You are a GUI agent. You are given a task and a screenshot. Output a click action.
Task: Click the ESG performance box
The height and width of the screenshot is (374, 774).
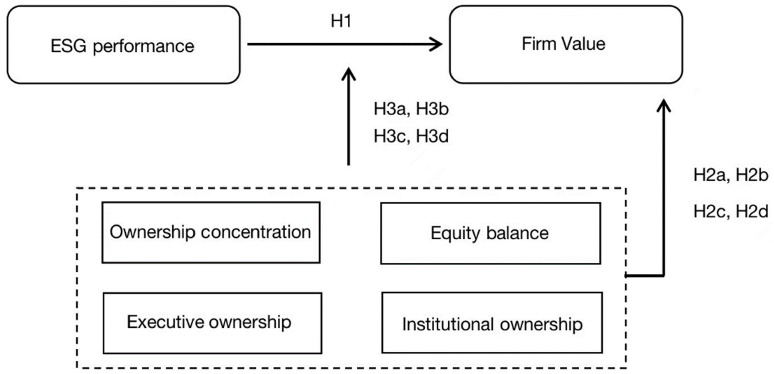(x=123, y=44)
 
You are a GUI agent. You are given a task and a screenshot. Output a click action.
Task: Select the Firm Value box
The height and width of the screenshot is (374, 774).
(x=566, y=44)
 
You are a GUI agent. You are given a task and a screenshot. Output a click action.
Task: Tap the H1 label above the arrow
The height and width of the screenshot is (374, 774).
(x=341, y=21)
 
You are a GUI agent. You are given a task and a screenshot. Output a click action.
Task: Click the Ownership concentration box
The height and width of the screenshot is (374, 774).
(x=211, y=232)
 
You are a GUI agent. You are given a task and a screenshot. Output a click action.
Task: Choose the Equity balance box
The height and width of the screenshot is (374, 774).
(x=490, y=233)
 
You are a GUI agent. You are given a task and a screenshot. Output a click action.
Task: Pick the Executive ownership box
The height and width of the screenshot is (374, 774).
(x=212, y=323)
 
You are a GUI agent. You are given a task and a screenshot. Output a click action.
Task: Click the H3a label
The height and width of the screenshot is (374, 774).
(x=390, y=109)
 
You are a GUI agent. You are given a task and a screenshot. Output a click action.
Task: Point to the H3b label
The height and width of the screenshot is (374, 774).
(x=432, y=109)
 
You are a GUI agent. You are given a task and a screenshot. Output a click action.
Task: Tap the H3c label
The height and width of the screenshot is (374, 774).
(x=390, y=136)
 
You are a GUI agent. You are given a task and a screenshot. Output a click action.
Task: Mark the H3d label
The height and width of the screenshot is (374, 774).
(x=432, y=136)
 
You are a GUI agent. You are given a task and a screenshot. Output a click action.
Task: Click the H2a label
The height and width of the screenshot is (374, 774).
(x=710, y=175)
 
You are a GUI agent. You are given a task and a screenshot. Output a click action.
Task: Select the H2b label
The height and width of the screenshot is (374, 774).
(x=752, y=175)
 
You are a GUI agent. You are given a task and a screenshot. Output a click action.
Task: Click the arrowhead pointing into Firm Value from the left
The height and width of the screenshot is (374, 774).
(x=437, y=44)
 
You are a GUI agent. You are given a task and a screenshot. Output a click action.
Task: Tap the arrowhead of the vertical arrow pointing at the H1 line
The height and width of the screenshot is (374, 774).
(x=349, y=73)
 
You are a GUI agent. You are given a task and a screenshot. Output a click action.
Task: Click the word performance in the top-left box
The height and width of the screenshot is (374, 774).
(x=144, y=47)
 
